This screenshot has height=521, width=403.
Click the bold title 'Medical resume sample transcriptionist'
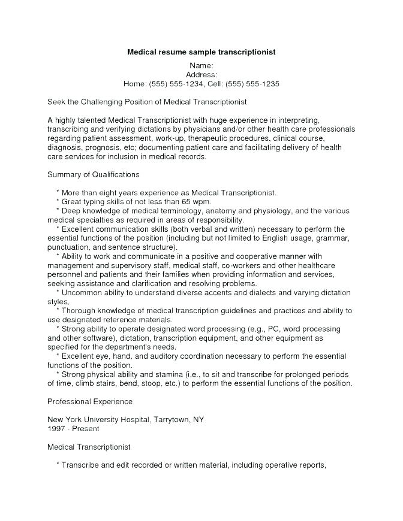pyautogui.click(x=201, y=52)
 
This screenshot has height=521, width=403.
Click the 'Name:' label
pyautogui.click(x=201, y=65)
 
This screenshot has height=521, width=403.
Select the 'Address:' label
pyautogui.click(x=201, y=75)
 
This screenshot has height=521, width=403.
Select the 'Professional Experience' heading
pyautogui.click(x=89, y=401)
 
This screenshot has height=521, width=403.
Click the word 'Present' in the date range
pyautogui.click(x=85, y=429)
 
